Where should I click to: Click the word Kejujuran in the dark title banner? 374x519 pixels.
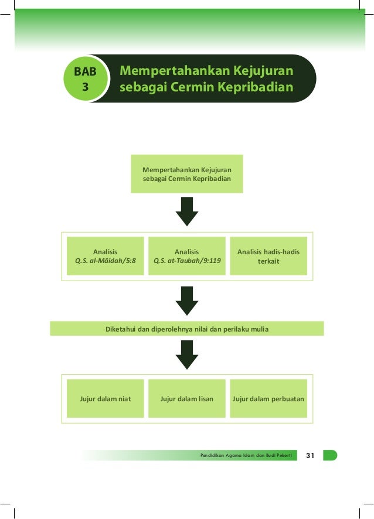(x=262, y=71)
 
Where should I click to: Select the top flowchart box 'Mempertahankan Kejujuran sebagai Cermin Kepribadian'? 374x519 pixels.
(x=186, y=174)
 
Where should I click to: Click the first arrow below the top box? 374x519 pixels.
(x=186, y=211)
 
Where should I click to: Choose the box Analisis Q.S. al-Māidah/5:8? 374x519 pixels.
(x=106, y=256)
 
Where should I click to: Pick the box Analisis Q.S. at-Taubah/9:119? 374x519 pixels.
(x=186, y=256)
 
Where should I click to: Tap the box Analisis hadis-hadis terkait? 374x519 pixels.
(x=268, y=256)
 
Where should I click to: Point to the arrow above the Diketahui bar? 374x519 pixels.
(x=186, y=301)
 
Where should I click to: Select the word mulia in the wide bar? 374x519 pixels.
(x=259, y=329)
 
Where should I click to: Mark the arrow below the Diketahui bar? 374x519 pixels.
(x=186, y=354)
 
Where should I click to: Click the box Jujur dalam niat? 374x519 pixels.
(x=106, y=399)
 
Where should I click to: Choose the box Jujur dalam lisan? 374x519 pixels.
(x=186, y=399)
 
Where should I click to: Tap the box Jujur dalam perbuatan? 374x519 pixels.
(x=268, y=399)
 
